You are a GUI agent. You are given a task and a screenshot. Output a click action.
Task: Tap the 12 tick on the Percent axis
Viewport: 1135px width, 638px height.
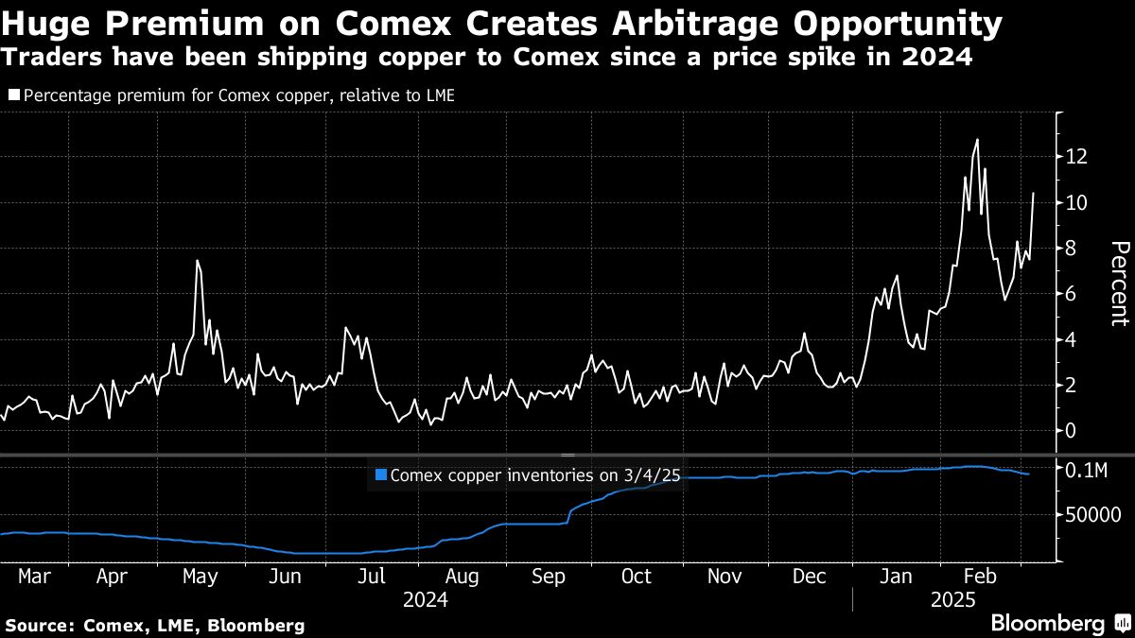tap(1075, 156)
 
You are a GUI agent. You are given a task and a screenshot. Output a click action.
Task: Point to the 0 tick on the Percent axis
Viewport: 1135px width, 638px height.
tap(1071, 431)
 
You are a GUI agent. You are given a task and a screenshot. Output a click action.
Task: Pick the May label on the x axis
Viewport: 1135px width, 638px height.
tap(200, 577)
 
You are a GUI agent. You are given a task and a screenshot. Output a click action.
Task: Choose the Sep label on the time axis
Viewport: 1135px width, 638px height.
tap(549, 577)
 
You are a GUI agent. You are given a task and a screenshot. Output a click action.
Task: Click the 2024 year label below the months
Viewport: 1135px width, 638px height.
tap(425, 599)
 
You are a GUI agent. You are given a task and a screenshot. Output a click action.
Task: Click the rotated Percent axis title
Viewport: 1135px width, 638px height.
tap(1119, 283)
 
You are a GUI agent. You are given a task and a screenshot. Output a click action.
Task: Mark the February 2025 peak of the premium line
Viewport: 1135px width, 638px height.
tap(976, 140)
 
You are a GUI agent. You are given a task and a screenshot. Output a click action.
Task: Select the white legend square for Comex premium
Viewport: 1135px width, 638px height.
tap(13, 95)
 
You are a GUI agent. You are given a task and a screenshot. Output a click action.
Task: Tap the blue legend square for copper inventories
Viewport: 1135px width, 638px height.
tap(380, 475)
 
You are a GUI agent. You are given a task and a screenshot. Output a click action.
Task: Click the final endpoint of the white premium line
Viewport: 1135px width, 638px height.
tap(1033, 193)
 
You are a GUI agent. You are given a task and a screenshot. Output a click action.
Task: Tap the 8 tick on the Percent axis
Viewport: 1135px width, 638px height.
tap(1071, 248)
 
